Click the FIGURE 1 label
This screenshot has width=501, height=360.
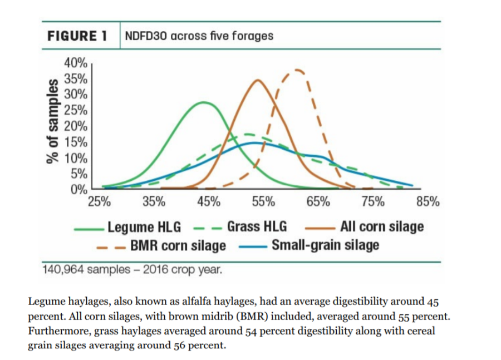77,36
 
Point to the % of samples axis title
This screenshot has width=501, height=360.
53,121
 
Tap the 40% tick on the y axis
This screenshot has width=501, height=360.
76,62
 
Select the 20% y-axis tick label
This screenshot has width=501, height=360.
76,125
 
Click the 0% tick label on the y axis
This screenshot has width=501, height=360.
78,189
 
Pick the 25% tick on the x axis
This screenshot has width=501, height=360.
100,201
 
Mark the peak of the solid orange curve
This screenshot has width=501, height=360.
258,80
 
